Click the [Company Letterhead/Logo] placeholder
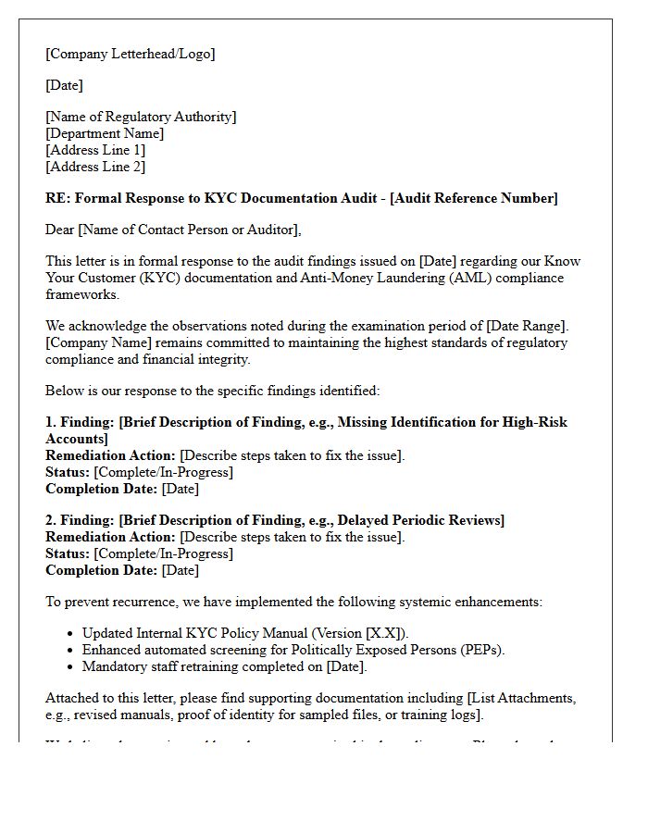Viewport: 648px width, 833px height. click(x=130, y=54)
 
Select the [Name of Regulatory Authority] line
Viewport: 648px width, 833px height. click(x=141, y=117)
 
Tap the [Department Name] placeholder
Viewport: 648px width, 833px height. click(x=105, y=133)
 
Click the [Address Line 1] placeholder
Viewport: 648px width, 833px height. click(x=95, y=150)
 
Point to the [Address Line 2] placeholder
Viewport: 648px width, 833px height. click(x=95, y=167)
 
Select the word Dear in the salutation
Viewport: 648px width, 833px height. click(x=60, y=230)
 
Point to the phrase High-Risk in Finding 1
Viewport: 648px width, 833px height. click(x=535, y=422)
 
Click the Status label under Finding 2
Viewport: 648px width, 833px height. click(x=68, y=553)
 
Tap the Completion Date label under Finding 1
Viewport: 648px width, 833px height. click(x=102, y=489)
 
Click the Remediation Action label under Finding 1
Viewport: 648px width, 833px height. click(x=110, y=455)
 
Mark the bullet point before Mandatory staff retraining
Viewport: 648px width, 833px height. click(x=71, y=666)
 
